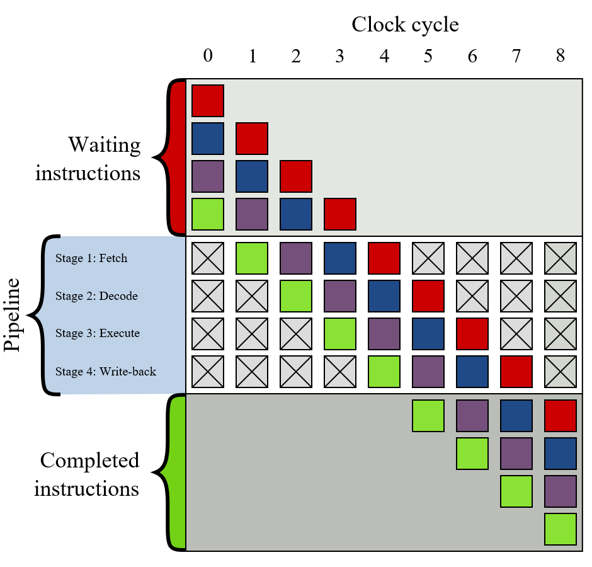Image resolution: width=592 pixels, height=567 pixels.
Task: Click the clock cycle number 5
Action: click(x=428, y=56)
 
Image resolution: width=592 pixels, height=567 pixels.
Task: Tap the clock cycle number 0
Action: click(x=208, y=56)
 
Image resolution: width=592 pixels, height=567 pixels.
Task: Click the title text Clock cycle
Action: click(x=405, y=25)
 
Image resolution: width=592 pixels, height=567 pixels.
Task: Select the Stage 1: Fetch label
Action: click(x=91, y=258)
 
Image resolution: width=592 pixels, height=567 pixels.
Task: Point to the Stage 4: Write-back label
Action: click(x=106, y=371)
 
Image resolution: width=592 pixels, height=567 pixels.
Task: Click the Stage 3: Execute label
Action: click(x=98, y=333)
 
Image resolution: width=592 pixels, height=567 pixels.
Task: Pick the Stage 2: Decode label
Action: click(x=96, y=295)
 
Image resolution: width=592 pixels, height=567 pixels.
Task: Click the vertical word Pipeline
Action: click(x=12, y=314)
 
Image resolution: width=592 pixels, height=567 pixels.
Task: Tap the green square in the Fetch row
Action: click(x=252, y=258)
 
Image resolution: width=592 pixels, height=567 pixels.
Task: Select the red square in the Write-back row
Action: click(x=516, y=372)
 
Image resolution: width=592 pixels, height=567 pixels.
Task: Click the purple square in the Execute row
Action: click(x=384, y=334)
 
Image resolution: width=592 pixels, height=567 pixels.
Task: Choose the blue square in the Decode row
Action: click(x=384, y=296)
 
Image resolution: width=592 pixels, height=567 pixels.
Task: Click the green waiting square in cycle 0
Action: click(x=208, y=214)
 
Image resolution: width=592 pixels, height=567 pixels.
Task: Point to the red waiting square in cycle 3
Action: click(x=340, y=214)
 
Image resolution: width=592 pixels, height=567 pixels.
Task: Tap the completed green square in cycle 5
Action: click(x=428, y=416)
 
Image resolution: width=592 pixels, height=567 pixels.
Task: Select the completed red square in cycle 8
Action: click(x=561, y=416)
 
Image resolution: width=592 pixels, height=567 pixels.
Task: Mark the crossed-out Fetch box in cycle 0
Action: click(x=208, y=258)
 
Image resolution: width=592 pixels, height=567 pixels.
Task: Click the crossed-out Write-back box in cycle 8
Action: click(x=561, y=372)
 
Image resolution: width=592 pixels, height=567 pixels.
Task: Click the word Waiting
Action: click(x=105, y=145)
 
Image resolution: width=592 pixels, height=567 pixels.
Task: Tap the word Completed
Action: click(x=90, y=461)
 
